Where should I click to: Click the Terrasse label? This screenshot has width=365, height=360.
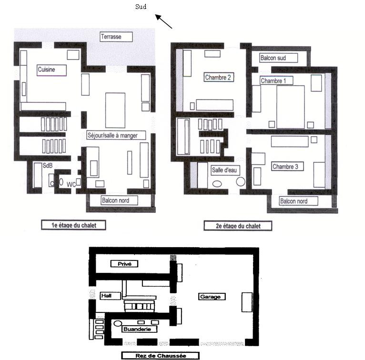click(x=116, y=37)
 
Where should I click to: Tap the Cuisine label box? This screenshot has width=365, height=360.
click(x=51, y=70)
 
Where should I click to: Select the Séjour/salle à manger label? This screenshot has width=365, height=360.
click(x=116, y=135)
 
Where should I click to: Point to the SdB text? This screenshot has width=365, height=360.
click(x=48, y=166)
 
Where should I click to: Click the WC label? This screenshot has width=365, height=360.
click(x=71, y=184)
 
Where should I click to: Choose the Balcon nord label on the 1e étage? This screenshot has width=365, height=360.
click(x=120, y=200)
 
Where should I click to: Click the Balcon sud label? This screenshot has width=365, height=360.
click(x=278, y=58)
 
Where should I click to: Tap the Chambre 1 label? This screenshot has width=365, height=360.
click(x=276, y=80)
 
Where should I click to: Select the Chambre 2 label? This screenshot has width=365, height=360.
click(x=219, y=77)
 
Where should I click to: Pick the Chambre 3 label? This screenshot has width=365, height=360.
click(x=287, y=167)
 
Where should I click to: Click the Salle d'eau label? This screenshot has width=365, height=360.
click(x=225, y=170)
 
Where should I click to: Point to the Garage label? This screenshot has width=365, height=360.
click(x=212, y=297)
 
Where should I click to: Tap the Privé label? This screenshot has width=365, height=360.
click(x=124, y=264)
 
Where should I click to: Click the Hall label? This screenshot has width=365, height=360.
click(x=111, y=296)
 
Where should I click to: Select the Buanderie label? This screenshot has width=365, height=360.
click(x=139, y=329)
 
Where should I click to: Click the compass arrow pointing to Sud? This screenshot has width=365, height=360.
click(x=163, y=21)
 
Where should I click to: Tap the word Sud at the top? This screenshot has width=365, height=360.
click(x=141, y=7)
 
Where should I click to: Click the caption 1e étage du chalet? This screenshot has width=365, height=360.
click(x=73, y=225)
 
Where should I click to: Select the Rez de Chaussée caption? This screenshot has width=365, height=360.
click(x=161, y=356)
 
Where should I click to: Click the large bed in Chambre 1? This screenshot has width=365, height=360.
click(x=291, y=107)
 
